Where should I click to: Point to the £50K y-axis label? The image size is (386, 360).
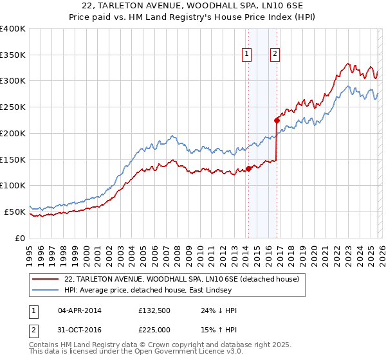15,212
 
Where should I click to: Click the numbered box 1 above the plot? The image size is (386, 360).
248,55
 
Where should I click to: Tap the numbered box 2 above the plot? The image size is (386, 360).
275,55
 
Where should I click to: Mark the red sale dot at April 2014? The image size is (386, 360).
248,169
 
